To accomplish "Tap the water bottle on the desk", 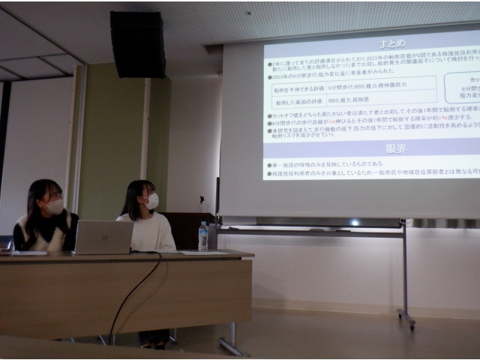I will pyautogui.click(x=202, y=236).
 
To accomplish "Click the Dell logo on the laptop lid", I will pyautogui.click(x=103, y=237).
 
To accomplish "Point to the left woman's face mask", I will pyautogui.click(x=55, y=206).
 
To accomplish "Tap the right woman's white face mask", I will pyautogui.click(x=152, y=201).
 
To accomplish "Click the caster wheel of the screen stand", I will pyautogui.click(x=410, y=323).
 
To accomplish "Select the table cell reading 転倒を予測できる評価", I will pyautogui.click(x=299, y=88).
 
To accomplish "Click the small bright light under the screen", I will pyautogui.click(x=355, y=222).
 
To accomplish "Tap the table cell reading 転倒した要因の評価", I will pyautogui.click(x=299, y=100).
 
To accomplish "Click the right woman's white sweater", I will pyautogui.click(x=151, y=233).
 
